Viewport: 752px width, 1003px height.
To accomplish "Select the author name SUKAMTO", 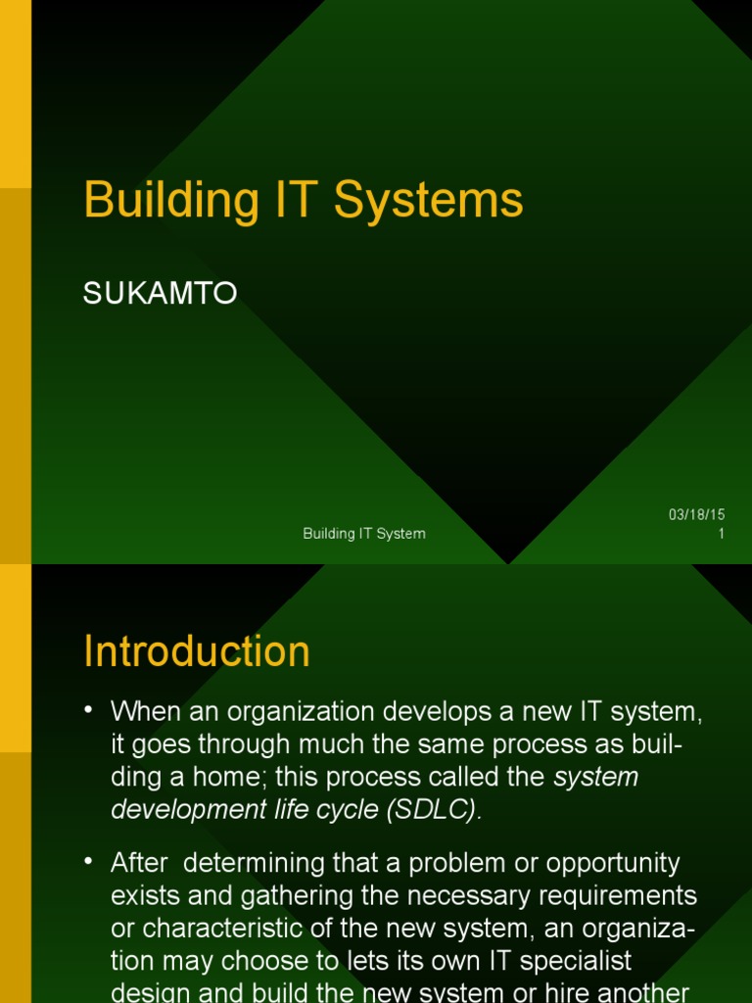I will click(160, 294).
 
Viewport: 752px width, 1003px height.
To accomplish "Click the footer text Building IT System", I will click(364, 534).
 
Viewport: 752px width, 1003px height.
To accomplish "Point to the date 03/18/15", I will click(697, 515).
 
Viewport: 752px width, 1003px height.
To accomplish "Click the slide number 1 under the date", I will click(721, 534).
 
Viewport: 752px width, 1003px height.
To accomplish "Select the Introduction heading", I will click(197, 652).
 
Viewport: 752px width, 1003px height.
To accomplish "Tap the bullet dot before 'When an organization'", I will click(90, 709).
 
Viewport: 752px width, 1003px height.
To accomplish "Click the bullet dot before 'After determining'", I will click(90, 862).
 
